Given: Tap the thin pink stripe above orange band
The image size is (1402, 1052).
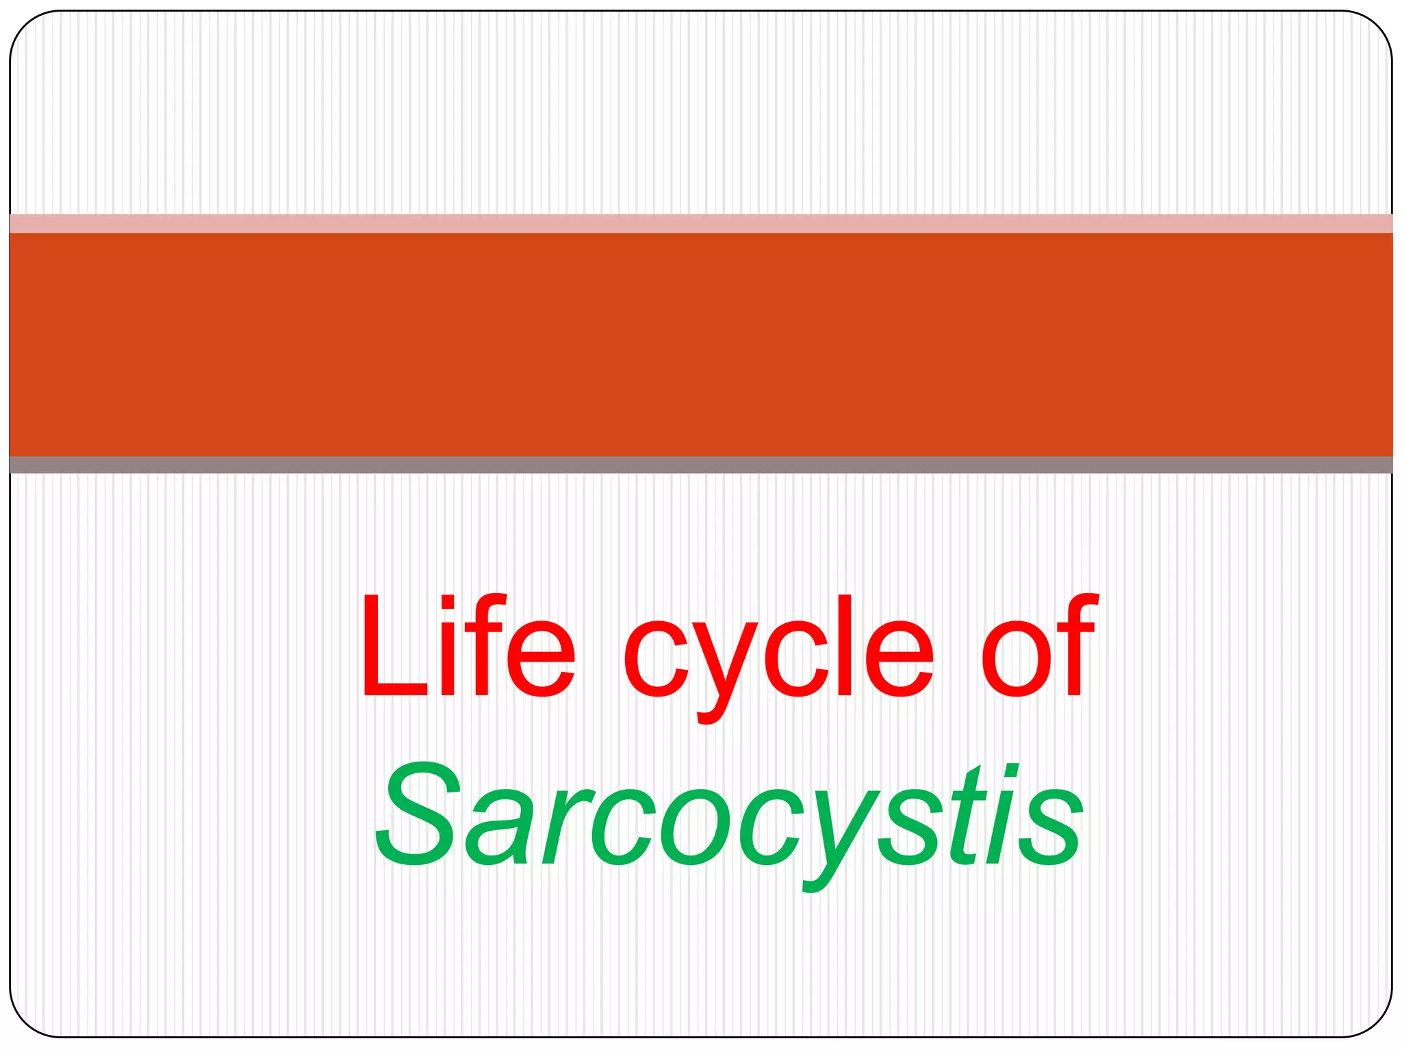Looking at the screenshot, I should point(701,223).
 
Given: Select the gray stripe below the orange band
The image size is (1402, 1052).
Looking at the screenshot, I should point(701,464).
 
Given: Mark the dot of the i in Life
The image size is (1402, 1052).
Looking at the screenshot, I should point(448,602).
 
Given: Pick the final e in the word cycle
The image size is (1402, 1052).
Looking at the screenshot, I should point(898,657).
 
